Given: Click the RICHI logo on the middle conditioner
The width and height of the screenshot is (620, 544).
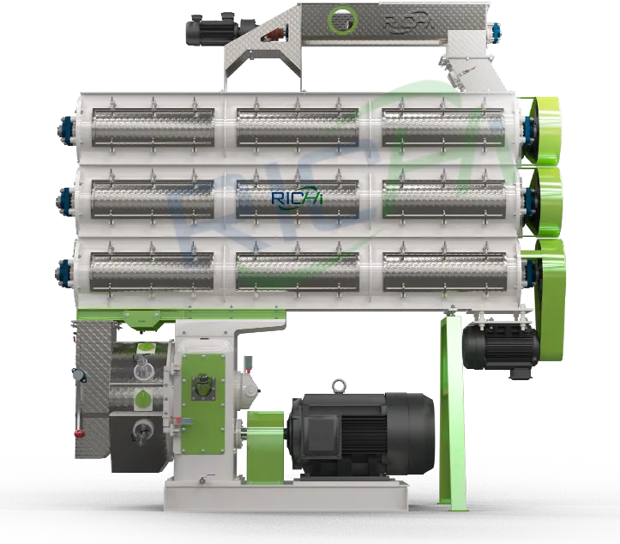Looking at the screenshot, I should tap(297, 198).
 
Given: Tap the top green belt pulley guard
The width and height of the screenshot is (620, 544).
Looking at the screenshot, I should tap(544, 129).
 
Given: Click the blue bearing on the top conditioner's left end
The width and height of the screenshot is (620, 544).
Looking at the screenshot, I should tap(65, 130).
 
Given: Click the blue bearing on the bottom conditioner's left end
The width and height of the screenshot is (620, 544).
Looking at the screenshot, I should tap(65, 271).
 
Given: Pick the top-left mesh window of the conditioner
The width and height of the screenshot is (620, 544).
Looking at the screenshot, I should tap(151, 127).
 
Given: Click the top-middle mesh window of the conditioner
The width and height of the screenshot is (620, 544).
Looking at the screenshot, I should tap(297, 127).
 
